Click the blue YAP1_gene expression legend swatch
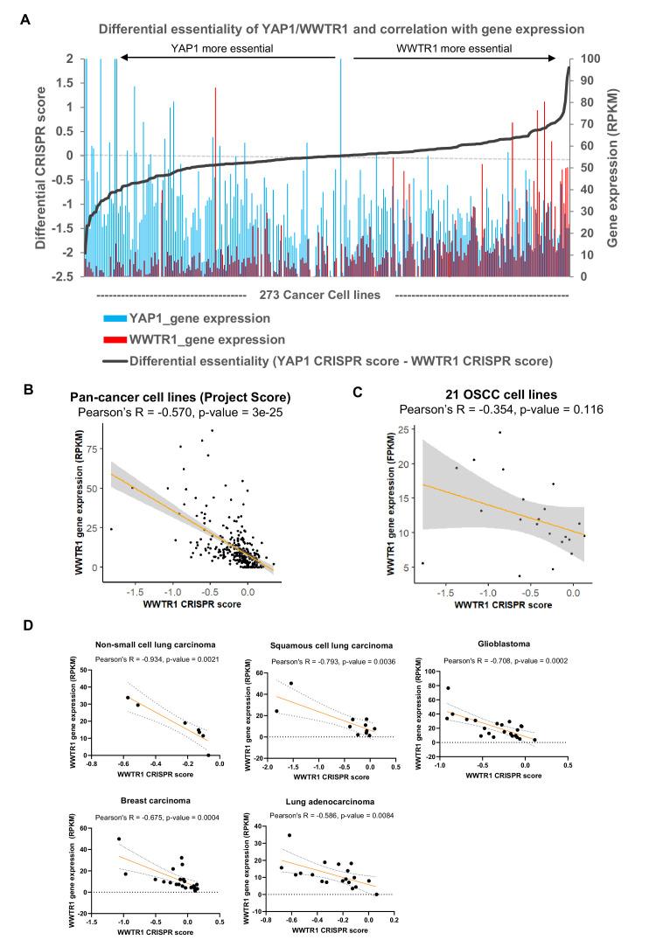[112, 318]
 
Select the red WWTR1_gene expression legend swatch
[112, 339]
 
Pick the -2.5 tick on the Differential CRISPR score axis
[65, 276]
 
